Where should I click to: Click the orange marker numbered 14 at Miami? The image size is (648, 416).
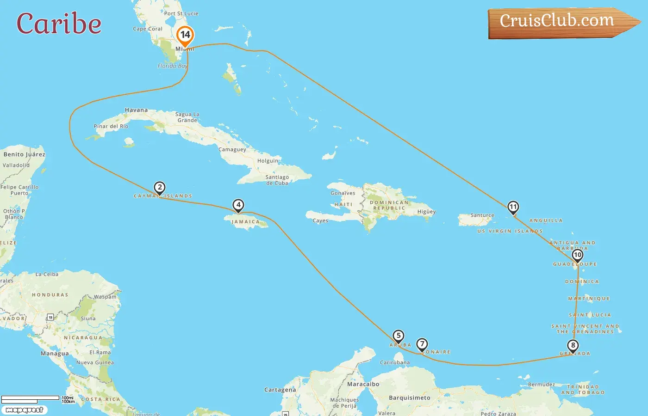(185, 35)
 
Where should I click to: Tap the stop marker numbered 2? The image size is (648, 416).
(160, 188)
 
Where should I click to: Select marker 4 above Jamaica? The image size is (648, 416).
(238, 205)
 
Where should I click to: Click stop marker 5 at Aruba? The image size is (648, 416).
(398, 336)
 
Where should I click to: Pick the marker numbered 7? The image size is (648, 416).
(422, 344)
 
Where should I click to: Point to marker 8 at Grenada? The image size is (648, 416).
(573, 345)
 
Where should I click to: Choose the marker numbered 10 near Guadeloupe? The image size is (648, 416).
(577, 255)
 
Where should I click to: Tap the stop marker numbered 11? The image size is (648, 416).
(513, 207)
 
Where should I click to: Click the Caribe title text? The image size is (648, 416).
(59, 24)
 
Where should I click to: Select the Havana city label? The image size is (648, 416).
(136, 110)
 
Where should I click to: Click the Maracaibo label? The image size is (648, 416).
(363, 384)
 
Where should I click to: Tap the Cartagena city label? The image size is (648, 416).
(280, 390)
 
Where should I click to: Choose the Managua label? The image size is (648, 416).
(55, 354)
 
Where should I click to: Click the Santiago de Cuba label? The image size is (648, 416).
(277, 180)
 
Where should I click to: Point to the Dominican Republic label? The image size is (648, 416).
(389, 205)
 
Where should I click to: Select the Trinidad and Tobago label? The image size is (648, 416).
(583, 390)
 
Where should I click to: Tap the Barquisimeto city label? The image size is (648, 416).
(409, 398)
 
